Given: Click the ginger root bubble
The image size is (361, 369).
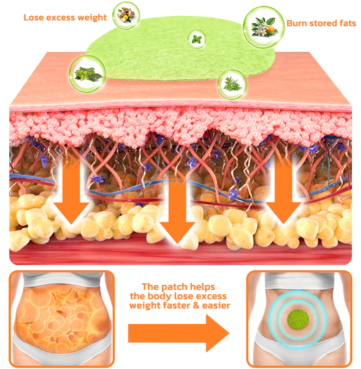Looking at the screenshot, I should pyautogui.click(x=126, y=16).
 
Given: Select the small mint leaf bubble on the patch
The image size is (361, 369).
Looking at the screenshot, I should pyautogui.click(x=197, y=39).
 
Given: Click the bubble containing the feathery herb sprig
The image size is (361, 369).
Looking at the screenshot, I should pyautogui.click(x=232, y=84).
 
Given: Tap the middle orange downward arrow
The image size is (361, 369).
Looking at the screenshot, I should pyautogui.click(x=177, y=213).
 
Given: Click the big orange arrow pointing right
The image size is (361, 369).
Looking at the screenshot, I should pyautogui.click(x=179, y=333).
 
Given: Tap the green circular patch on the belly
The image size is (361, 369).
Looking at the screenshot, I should pyautogui.click(x=298, y=317).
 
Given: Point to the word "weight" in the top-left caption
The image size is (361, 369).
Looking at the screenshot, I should pyautogui.click(x=94, y=17).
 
